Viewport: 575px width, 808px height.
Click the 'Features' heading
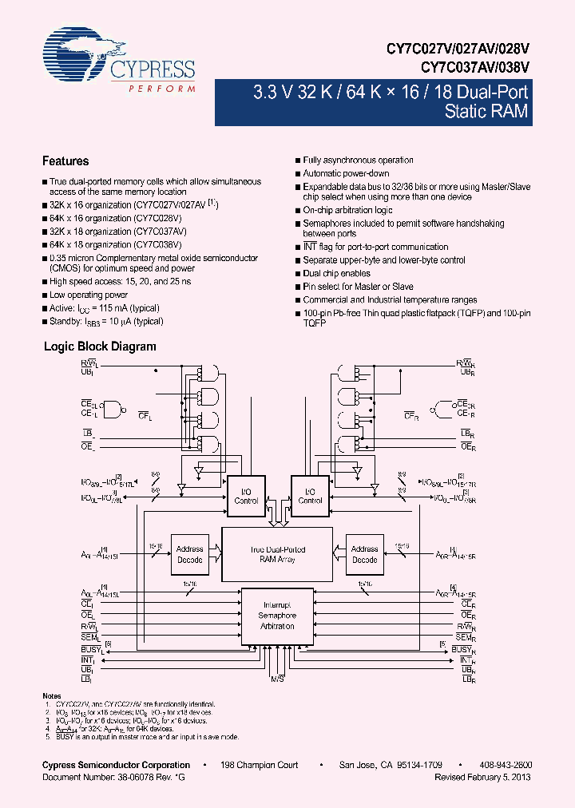tap(65, 161)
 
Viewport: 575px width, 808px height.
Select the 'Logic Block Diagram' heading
tap(99, 347)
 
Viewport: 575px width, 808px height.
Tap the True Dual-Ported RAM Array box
tap(276, 554)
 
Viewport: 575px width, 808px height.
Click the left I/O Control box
tap(246, 496)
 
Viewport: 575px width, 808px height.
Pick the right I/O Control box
tap(310, 496)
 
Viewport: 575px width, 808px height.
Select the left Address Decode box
tap(190, 554)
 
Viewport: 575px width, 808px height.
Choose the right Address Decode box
tap(364, 554)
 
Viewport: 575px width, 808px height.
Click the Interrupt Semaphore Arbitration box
tap(276, 616)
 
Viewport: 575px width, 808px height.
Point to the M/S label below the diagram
tap(277, 679)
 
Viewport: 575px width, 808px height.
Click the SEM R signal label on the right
tap(467, 637)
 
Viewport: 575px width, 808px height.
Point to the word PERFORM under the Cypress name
tap(162, 88)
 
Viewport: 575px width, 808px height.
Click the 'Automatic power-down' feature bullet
tap(345, 173)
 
